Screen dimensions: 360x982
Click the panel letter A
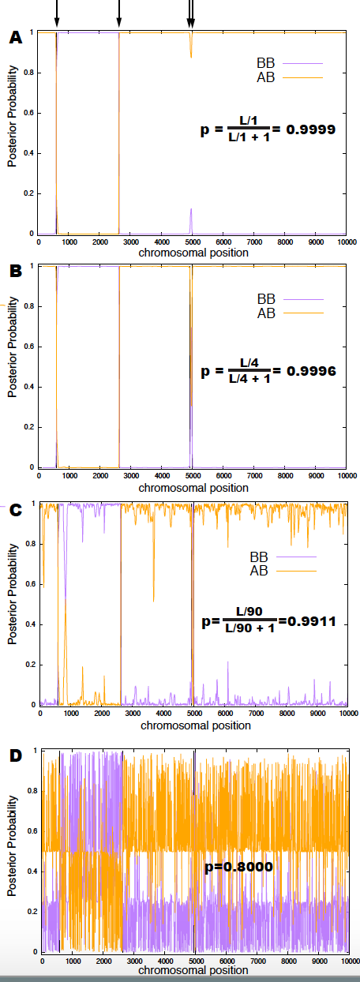[15, 38]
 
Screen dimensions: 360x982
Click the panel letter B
[15, 272]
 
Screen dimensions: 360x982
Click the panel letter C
[15, 510]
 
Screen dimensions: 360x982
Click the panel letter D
[15, 755]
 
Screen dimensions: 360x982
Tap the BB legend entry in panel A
[290, 63]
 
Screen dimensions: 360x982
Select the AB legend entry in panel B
[291, 313]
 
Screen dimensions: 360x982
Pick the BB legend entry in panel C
[283, 557]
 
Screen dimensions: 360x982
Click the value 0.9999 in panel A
[310, 129]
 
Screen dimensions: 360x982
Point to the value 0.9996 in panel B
[311, 371]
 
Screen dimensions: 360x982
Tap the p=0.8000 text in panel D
[239, 867]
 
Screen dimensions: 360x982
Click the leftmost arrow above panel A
[57, 13]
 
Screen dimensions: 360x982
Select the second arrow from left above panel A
[119, 13]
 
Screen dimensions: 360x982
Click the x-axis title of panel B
[193, 488]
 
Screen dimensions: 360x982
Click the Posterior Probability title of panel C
[13, 594]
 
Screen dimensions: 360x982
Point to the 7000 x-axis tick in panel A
[254, 242]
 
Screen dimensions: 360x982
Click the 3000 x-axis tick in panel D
[134, 961]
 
